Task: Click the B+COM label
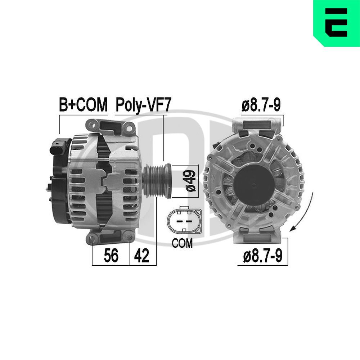83,104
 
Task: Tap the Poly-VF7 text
144,105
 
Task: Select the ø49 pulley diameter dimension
190,181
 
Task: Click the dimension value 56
111,255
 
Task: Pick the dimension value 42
141,255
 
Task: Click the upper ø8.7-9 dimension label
261,105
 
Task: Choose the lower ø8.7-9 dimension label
263,256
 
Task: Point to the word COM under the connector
182,243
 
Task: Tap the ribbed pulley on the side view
157,181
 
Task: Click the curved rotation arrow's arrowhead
293,229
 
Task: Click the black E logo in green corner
336,22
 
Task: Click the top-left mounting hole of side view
92,125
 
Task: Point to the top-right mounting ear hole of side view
130,128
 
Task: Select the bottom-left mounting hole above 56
92,238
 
